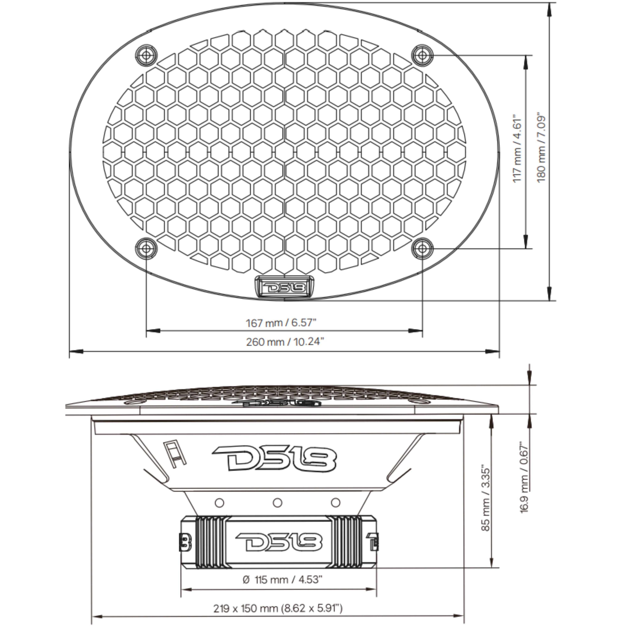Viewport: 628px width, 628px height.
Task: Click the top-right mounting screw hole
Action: [422, 55]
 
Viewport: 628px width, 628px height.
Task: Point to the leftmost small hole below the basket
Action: [220, 503]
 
